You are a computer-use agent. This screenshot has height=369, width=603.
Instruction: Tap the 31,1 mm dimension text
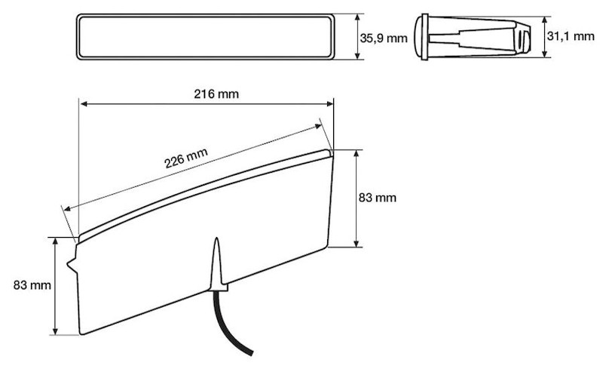572,35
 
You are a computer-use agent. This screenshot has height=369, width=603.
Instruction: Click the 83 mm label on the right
377,198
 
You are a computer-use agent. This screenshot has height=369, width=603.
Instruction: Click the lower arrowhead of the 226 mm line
67,208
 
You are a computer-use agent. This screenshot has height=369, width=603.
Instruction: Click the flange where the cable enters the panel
219,286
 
